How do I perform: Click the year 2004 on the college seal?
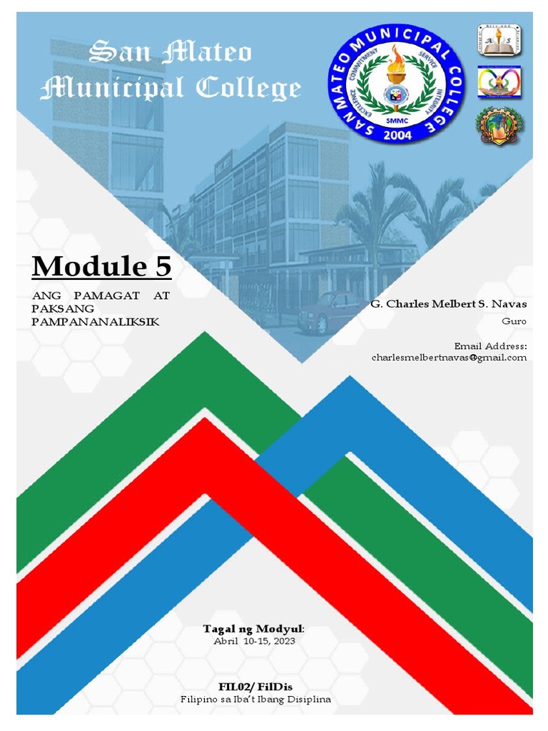point(397,137)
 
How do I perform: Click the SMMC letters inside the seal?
point(397,121)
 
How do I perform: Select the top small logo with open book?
point(499,41)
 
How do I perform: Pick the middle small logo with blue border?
point(499,83)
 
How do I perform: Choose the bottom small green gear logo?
point(499,126)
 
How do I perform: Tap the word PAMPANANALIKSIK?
point(96,322)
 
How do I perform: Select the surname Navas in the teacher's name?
point(509,304)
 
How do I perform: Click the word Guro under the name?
point(514,321)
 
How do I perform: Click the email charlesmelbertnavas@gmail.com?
point(449,357)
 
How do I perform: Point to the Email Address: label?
point(490,346)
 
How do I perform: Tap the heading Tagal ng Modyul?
point(253,628)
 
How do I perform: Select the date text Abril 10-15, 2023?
point(254,640)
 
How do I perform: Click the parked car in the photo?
point(329,311)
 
